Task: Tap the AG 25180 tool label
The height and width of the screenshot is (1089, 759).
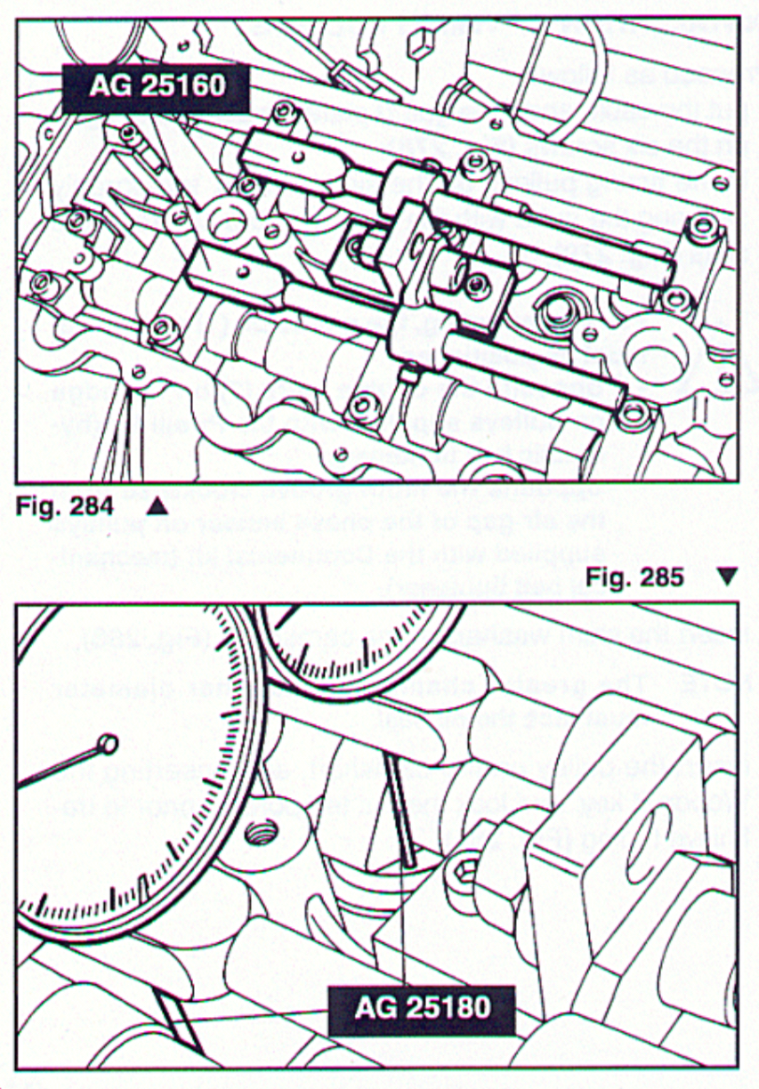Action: (x=422, y=1009)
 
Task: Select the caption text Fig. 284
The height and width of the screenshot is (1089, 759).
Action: (x=65, y=506)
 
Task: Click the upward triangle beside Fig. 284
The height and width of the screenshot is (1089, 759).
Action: (x=157, y=506)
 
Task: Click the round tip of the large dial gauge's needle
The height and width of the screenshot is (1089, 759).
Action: (x=109, y=743)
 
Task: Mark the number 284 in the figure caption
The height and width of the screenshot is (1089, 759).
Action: (x=93, y=506)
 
